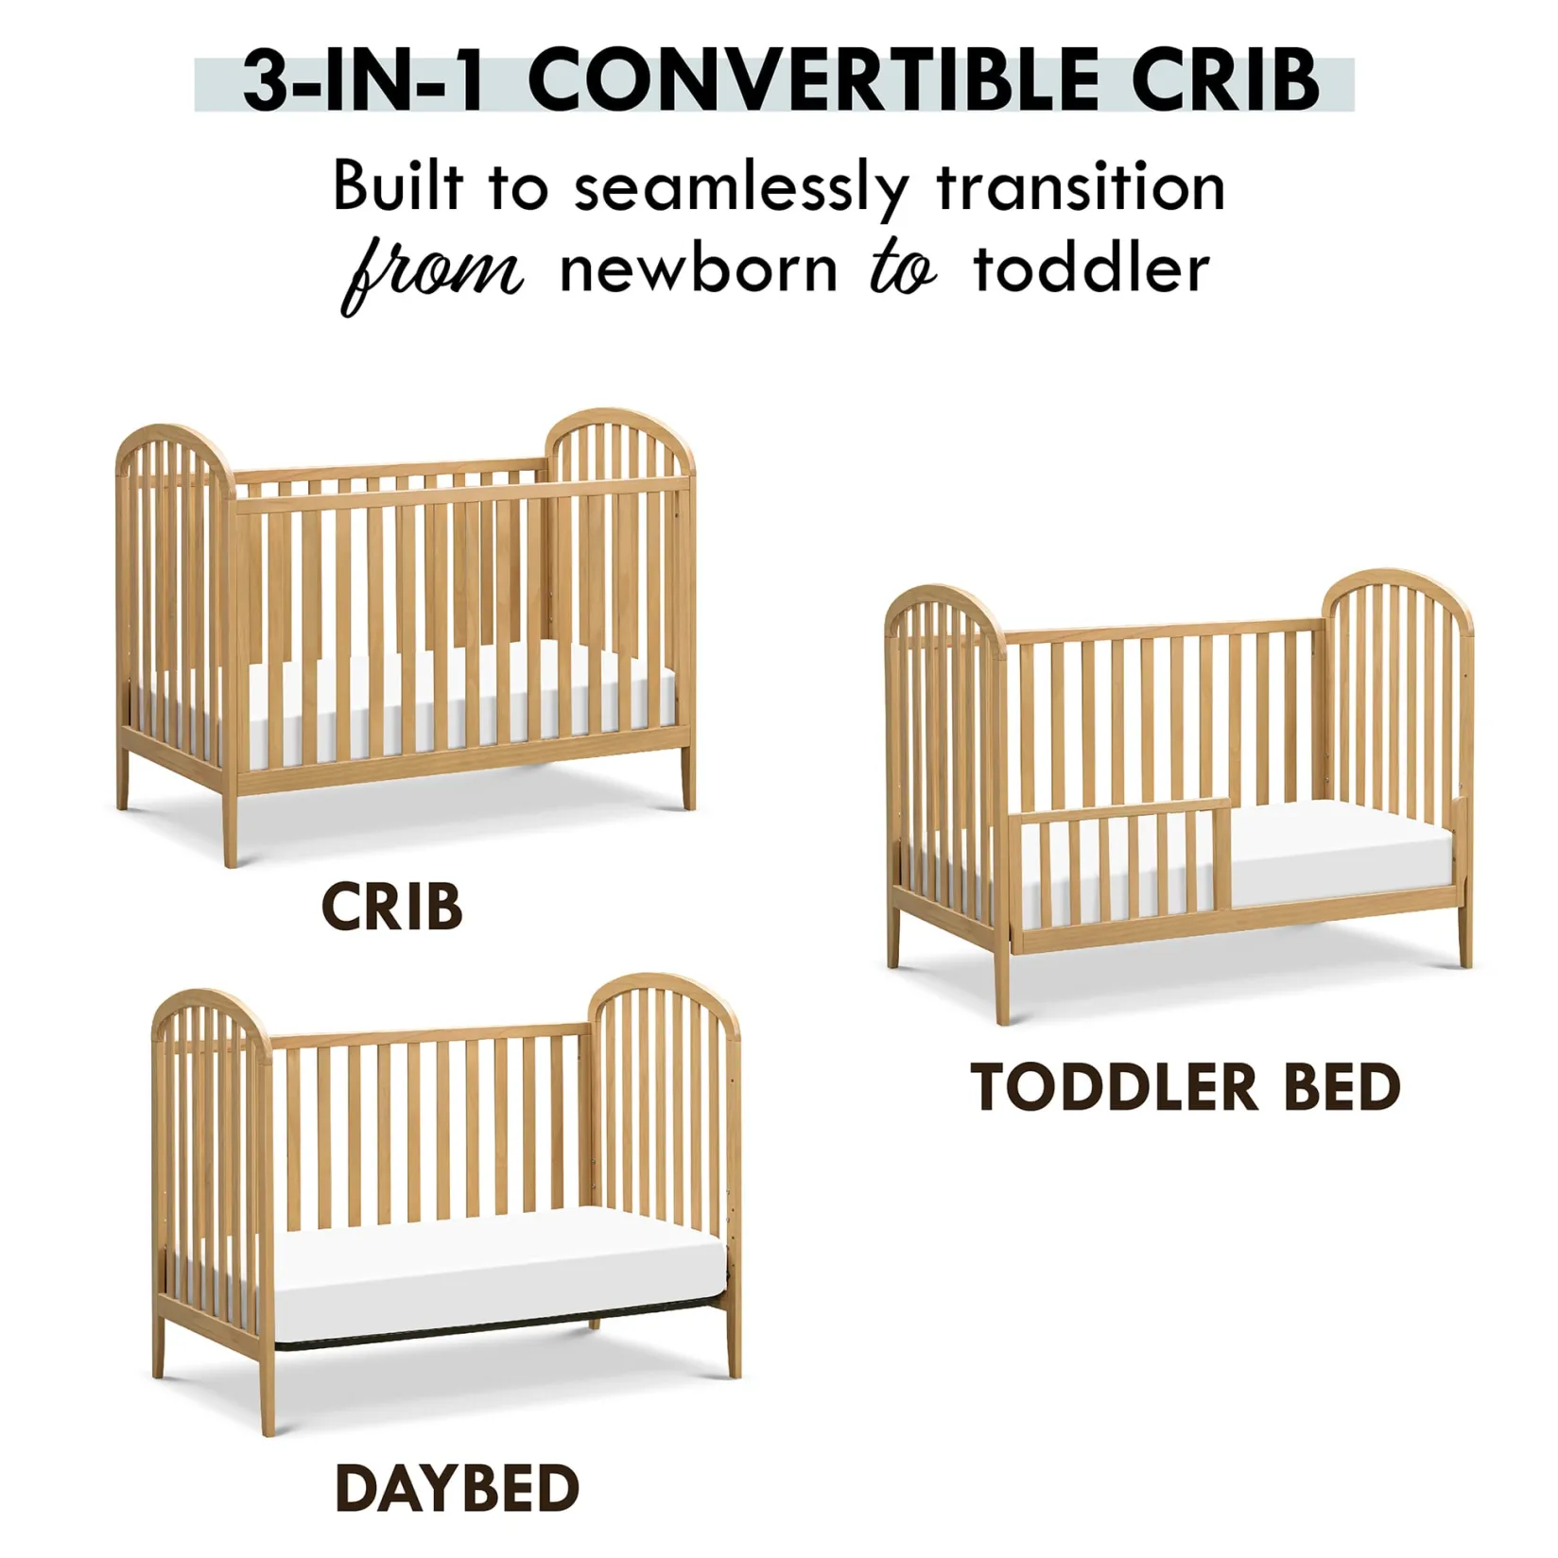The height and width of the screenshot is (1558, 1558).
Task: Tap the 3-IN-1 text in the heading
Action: (363, 80)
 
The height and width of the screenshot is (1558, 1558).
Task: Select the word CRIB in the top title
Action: (1225, 80)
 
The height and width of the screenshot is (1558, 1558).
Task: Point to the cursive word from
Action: (431, 274)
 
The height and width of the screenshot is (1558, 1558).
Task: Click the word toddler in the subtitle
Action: (1091, 269)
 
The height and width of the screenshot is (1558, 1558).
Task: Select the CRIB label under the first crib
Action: (391, 908)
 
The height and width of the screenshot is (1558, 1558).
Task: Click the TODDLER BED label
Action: (1185, 1087)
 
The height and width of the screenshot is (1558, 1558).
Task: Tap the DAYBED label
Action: (457, 1488)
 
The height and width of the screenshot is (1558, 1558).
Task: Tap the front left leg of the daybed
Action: (268, 1390)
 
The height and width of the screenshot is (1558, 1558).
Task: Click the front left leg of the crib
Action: (230, 822)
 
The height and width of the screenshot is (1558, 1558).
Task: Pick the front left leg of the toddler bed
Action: (1002, 983)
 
